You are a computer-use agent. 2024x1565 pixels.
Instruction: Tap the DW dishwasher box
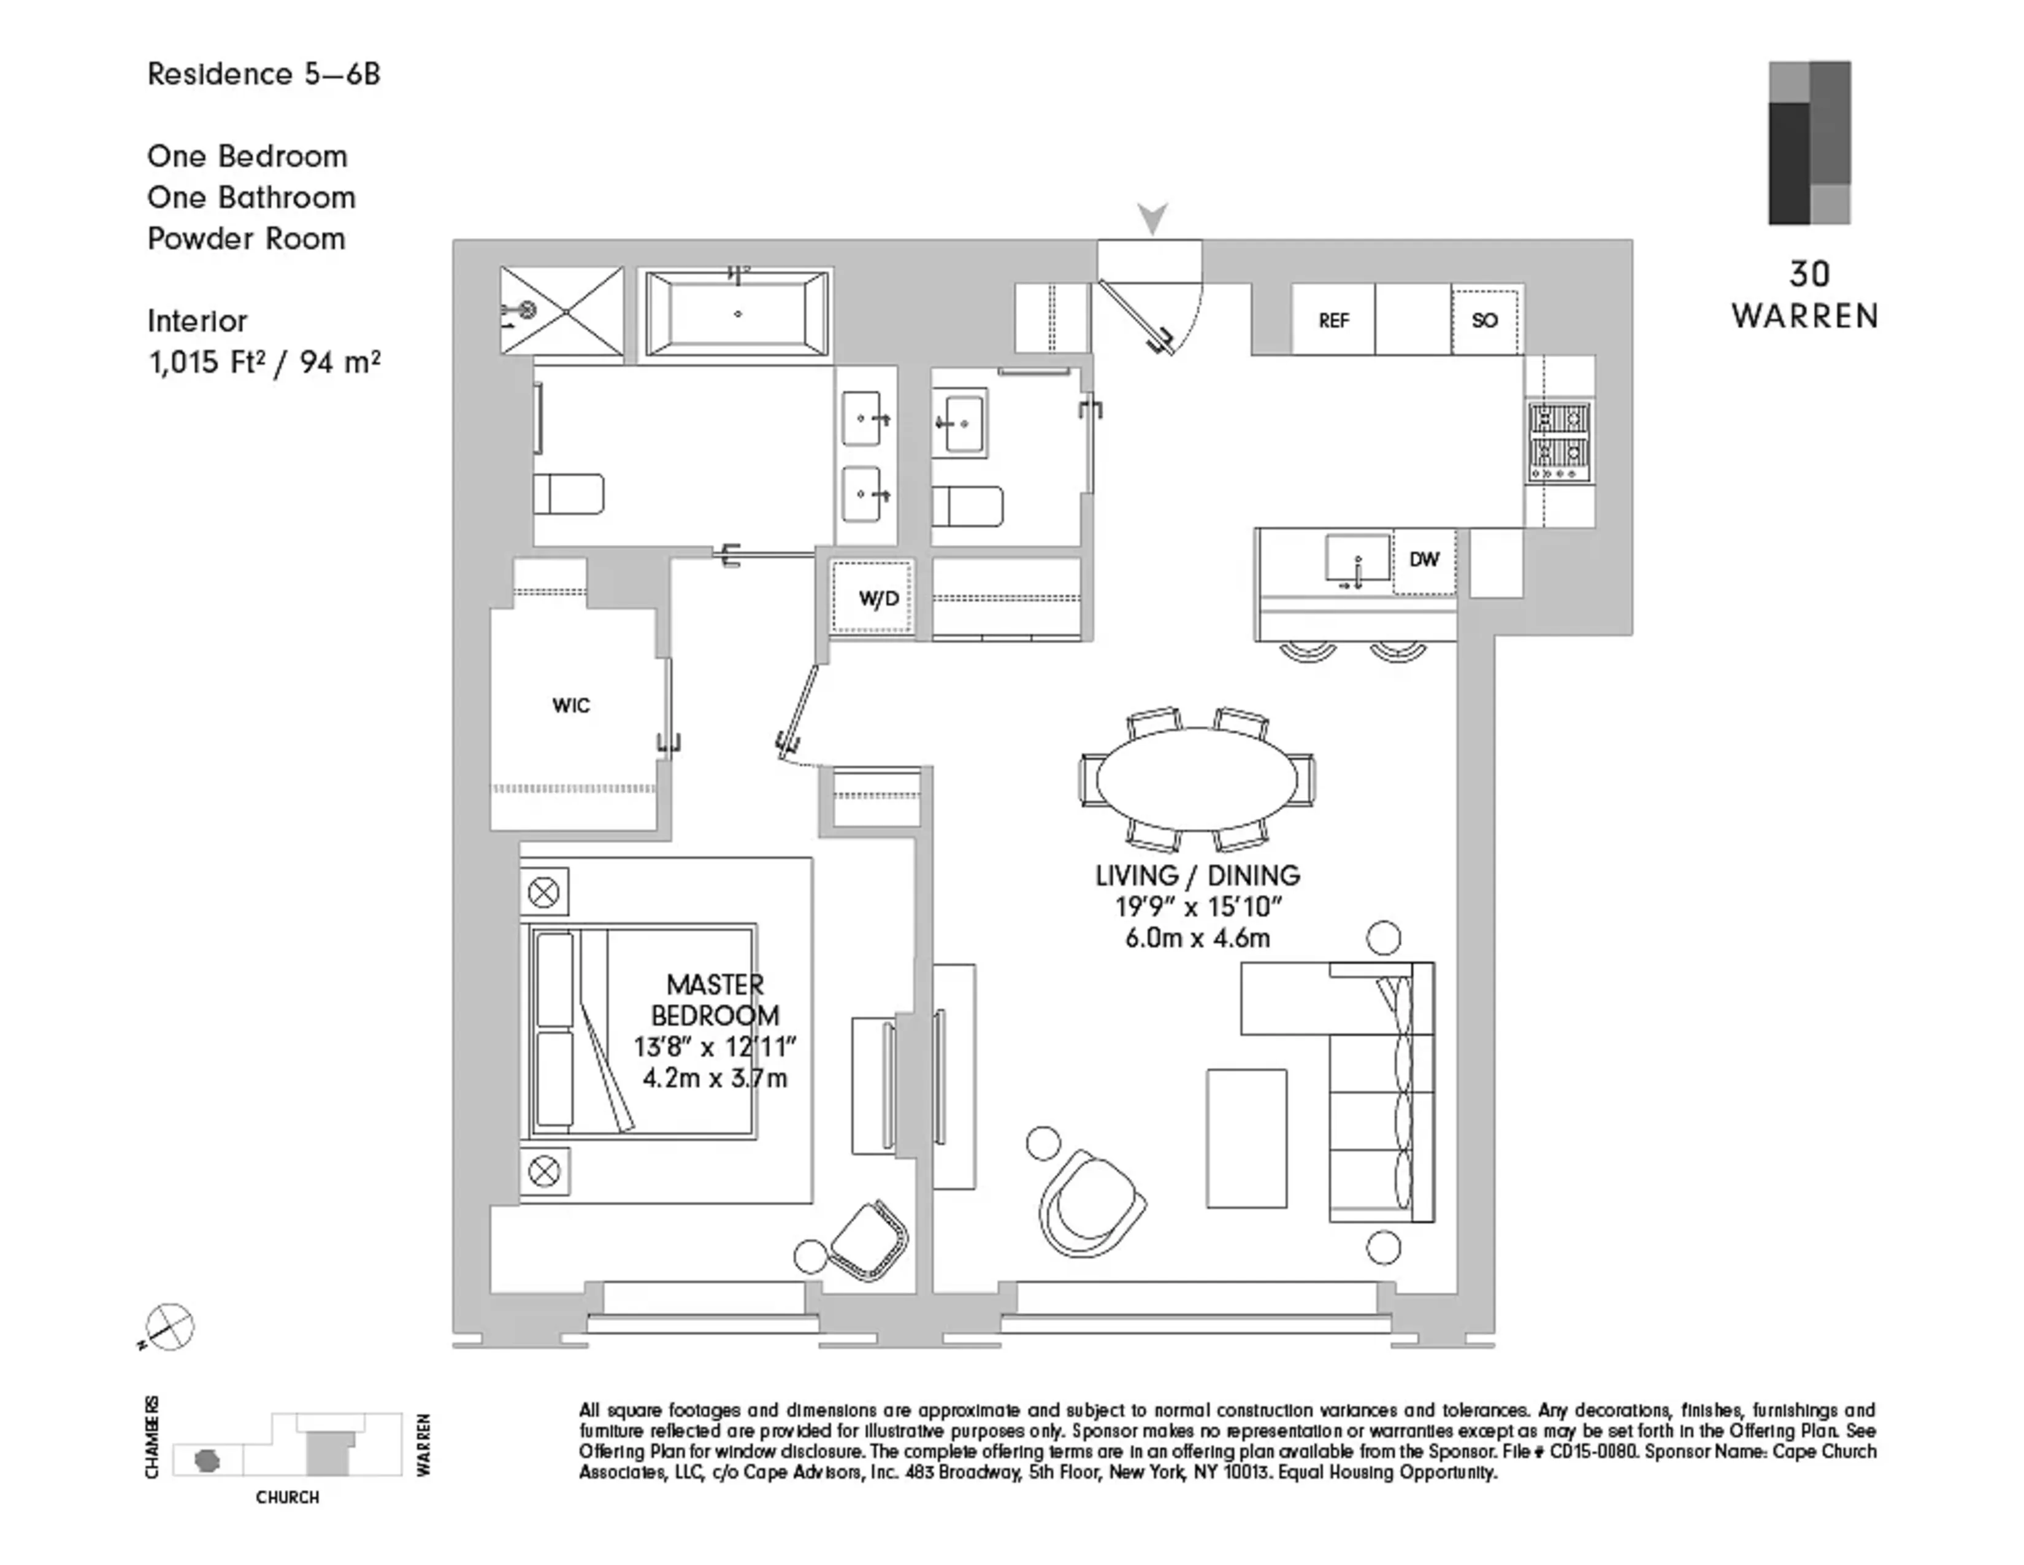click(x=1424, y=560)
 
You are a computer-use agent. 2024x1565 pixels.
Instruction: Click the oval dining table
click(x=1197, y=779)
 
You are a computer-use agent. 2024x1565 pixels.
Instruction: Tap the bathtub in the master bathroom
click(x=738, y=314)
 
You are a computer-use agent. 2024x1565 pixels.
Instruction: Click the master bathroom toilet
click(x=568, y=494)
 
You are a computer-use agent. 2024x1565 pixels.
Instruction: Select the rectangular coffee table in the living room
click(x=1246, y=1138)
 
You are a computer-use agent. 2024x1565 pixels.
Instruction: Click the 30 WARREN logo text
click(x=1805, y=296)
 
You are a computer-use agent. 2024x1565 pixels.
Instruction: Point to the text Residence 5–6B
click(x=264, y=74)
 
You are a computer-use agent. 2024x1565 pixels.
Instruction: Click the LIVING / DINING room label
click(x=1197, y=875)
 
